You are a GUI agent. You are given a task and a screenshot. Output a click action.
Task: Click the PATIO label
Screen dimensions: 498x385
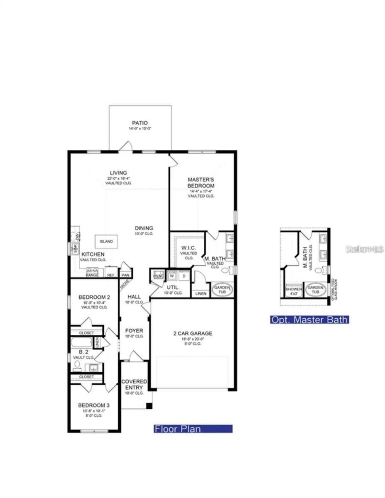(x=140, y=123)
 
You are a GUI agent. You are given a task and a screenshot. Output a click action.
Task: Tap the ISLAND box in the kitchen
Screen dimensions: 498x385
(x=106, y=241)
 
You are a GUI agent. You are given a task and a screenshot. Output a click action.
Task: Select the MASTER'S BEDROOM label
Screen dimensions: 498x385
(x=201, y=183)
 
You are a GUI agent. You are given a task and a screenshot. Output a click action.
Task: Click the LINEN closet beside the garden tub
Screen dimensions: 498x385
(x=201, y=293)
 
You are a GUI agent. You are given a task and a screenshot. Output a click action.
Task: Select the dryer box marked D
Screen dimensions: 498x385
(x=184, y=275)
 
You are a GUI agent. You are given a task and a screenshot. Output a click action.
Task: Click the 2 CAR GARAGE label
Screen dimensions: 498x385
(x=193, y=333)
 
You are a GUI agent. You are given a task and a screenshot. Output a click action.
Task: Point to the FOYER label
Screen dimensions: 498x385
(x=134, y=331)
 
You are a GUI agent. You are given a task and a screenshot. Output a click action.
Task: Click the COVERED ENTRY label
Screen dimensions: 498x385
(x=134, y=384)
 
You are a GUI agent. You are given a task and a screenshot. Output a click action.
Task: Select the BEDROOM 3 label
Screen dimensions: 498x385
(x=94, y=405)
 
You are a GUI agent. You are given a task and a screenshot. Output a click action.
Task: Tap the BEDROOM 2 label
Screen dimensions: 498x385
(x=94, y=297)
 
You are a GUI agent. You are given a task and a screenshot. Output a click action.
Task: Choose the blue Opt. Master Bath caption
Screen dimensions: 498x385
(x=309, y=320)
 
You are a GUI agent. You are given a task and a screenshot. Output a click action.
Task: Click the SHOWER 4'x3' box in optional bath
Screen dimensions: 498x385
(x=293, y=290)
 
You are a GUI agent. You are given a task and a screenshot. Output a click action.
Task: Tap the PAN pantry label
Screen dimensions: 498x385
(x=125, y=275)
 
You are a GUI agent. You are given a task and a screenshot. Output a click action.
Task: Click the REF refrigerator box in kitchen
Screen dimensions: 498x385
(x=111, y=274)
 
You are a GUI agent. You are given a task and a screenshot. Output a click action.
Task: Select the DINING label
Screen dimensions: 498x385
(x=144, y=228)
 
